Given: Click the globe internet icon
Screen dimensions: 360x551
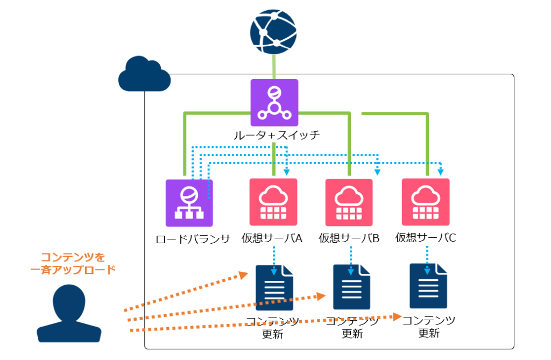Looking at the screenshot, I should pyautogui.click(x=273, y=32).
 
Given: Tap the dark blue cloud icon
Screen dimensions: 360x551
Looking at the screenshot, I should pyautogui.click(x=144, y=74).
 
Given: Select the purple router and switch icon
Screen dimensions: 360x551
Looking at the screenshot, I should pyautogui.click(x=274, y=103).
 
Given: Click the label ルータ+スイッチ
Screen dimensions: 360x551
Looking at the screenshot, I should pyautogui.click(x=276, y=135).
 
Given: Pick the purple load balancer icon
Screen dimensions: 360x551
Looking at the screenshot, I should pyautogui.click(x=189, y=202).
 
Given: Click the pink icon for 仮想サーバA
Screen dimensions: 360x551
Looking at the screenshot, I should pyautogui.click(x=273, y=202).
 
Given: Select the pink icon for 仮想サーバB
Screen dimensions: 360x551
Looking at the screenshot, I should pyautogui.click(x=349, y=202).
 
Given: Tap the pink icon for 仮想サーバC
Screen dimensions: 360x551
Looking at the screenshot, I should pyautogui.click(x=426, y=202).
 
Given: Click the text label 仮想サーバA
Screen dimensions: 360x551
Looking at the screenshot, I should pyautogui.click(x=272, y=237).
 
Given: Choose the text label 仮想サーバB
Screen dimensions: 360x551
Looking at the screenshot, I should pyautogui.click(x=349, y=237).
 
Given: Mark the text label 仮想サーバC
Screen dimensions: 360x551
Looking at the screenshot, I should pyautogui.click(x=426, y=237).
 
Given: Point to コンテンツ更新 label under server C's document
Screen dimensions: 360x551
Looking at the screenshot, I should pyautogui.click(x=429, y=327).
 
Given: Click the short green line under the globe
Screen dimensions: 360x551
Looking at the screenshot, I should pyautogui.click(x=274, y=66).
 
